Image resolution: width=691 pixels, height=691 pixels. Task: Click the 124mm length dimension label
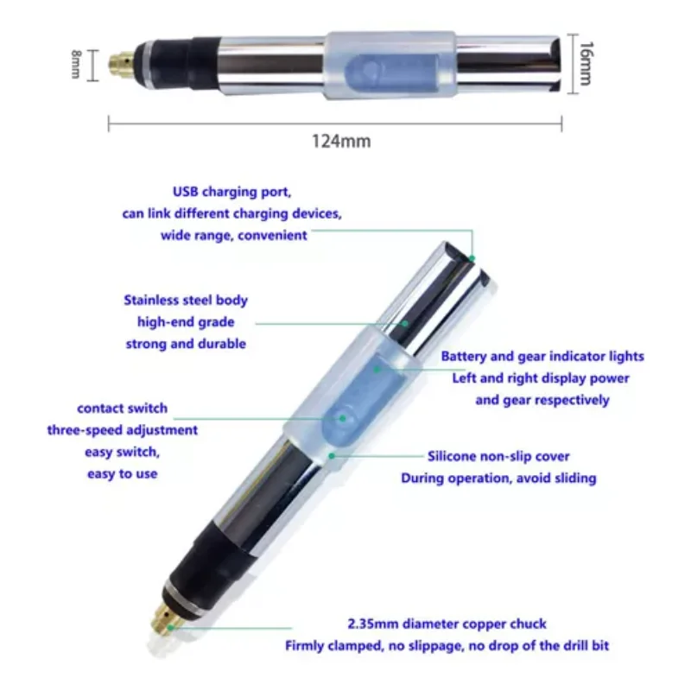(341, 141)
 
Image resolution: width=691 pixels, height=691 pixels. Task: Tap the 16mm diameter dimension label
(585, 62)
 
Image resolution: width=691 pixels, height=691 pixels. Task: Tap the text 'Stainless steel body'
(186, 301)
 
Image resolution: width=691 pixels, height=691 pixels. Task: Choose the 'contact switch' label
(122, 409)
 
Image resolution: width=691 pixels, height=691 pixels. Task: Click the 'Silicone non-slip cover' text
(498, 456)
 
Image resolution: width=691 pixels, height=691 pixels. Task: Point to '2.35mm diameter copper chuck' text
(447, 624)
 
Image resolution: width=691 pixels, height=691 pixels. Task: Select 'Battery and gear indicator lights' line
(542, 356)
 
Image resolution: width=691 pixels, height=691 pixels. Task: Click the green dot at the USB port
(472, 257)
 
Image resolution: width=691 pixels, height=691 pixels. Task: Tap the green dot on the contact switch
(342, 418)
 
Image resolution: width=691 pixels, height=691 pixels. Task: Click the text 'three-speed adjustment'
(122, 430)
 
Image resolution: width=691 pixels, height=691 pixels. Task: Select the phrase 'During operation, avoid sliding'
(498, 478)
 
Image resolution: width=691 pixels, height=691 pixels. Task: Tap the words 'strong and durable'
(186, 344)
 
